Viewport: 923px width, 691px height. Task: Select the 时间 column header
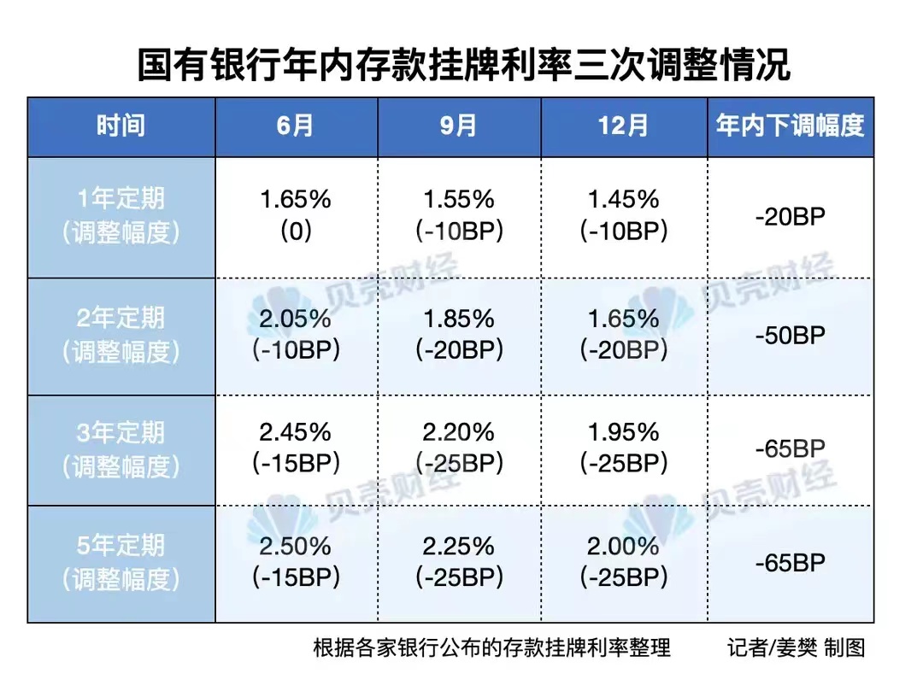[121, 126]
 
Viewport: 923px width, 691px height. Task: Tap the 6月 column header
[296, 126]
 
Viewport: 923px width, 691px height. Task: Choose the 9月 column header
[459, 126]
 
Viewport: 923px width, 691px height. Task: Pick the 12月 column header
[623, 126]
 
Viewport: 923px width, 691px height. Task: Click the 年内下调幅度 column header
[791, 126]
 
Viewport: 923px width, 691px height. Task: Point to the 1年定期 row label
[121, 216]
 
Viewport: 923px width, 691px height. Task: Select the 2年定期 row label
[121, 335]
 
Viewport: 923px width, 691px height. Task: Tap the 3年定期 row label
[121, 449]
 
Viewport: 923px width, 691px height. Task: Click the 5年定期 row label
[121, 563]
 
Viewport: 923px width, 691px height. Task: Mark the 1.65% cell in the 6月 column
[296, 200]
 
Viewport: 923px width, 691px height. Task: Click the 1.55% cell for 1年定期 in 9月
[459, 200]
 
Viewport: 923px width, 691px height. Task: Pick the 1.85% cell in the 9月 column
[459, 319]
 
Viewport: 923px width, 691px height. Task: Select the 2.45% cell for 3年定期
[296, 433]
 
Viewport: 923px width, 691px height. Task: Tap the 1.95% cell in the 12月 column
[623, 433]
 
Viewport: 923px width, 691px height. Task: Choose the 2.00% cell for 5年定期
[623, 547]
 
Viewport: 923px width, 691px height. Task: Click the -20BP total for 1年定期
[791, 216]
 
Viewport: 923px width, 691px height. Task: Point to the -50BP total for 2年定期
[791, 335]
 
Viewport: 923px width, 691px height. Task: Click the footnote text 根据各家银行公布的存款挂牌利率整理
[492, 647]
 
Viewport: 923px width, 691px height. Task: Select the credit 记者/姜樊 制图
[797, 647]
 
